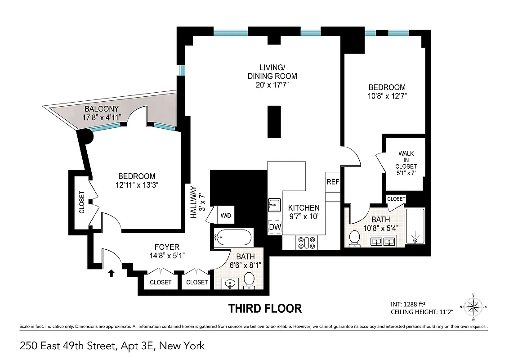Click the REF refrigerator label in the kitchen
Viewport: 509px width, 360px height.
pyautogui.click(x=333, y=182)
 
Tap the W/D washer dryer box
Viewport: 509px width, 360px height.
pyautogui.click(x=226, y=216)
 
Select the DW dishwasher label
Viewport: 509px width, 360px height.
pyautogui.click(x=274, y=227)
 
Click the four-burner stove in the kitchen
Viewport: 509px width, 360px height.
pyautogui.click(x=307, y=243)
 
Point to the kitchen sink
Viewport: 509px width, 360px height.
pyautogui.click(x=274, y=205)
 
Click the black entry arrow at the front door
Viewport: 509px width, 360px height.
pyautogui.click(x=112, y=272)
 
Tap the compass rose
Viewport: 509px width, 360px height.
pyautogui.click(x=472, y=307)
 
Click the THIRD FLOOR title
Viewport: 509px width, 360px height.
pyautogui.click(x=265, y=309)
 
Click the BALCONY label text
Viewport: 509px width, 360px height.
pyautogui.click(x=102, y=109)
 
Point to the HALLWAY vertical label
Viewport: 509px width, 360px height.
pyautogui.click(x=194, y=202)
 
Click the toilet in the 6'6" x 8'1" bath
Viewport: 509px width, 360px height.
pyautogui.click(x=249, y=281)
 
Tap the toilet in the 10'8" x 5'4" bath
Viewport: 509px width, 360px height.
pyautogui.click(x=355, y=239)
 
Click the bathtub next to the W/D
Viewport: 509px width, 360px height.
pyautogui.click(x=233, y=237)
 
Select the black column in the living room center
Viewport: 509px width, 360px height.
pyautogui.click(x=274, y=122)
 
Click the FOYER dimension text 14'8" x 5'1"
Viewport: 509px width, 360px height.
pyautogui.click(x=167, y=255)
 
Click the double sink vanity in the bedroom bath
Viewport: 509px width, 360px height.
pyautogui.click(x=383, y=242)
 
